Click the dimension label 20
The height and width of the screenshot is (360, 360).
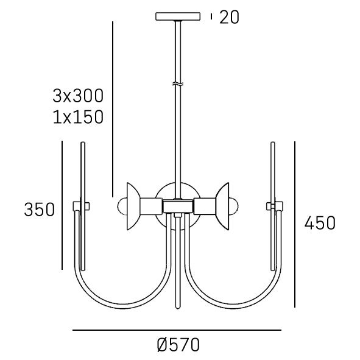[229, 17]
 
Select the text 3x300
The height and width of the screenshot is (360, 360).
[78, 96]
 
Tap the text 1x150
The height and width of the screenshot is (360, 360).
[78, 117]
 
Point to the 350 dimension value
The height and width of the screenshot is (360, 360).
[40, 210]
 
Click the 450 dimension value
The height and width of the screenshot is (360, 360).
[320, 223]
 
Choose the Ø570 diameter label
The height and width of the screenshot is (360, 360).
[178, 345]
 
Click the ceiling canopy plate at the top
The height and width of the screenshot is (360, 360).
[178, 16]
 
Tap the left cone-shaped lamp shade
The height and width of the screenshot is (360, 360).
[133, 206]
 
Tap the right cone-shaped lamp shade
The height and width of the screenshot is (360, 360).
[222, 206]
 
